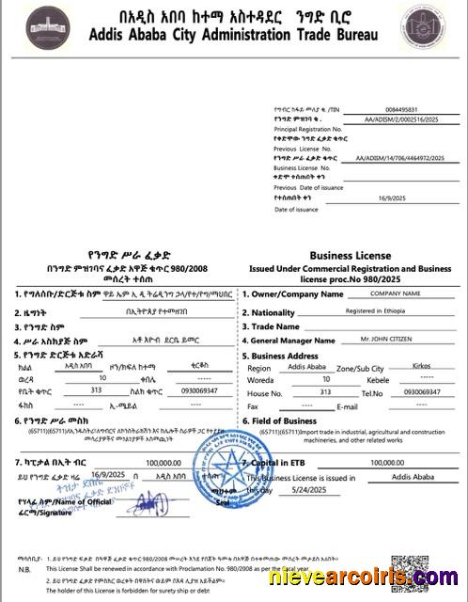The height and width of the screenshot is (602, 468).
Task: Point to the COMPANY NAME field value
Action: pos(393,294)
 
